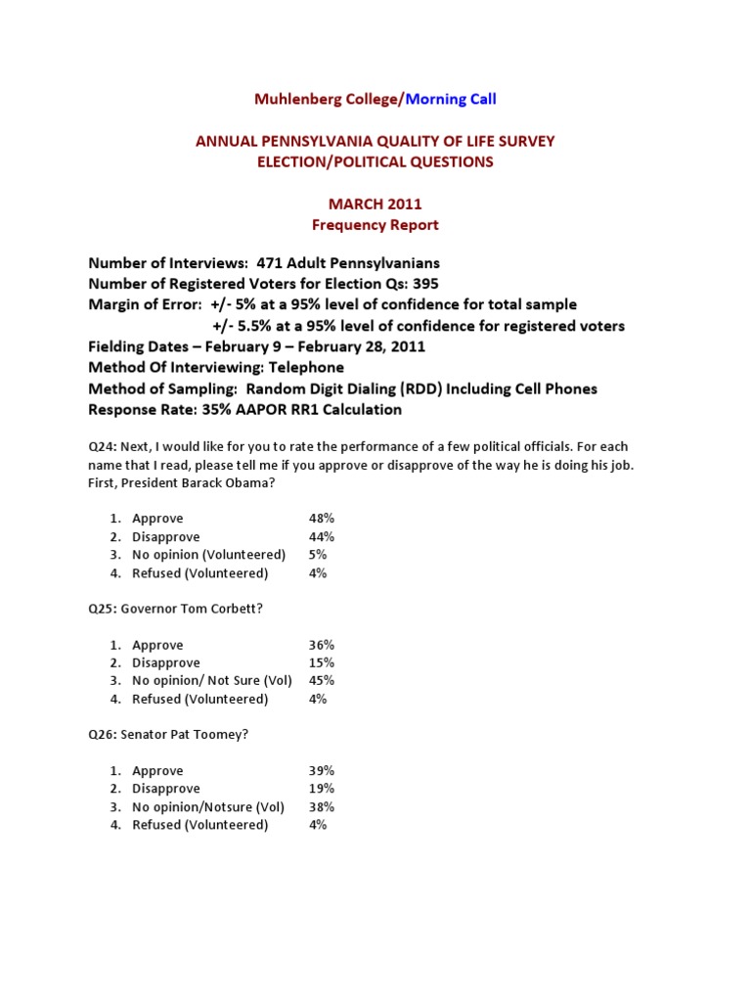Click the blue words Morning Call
point(451,98)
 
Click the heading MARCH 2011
point(375,204)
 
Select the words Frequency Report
point(375,225)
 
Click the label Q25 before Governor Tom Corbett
point(102,609)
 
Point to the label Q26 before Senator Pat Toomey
point(102,735)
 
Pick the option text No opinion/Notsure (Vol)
point(208,807)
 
